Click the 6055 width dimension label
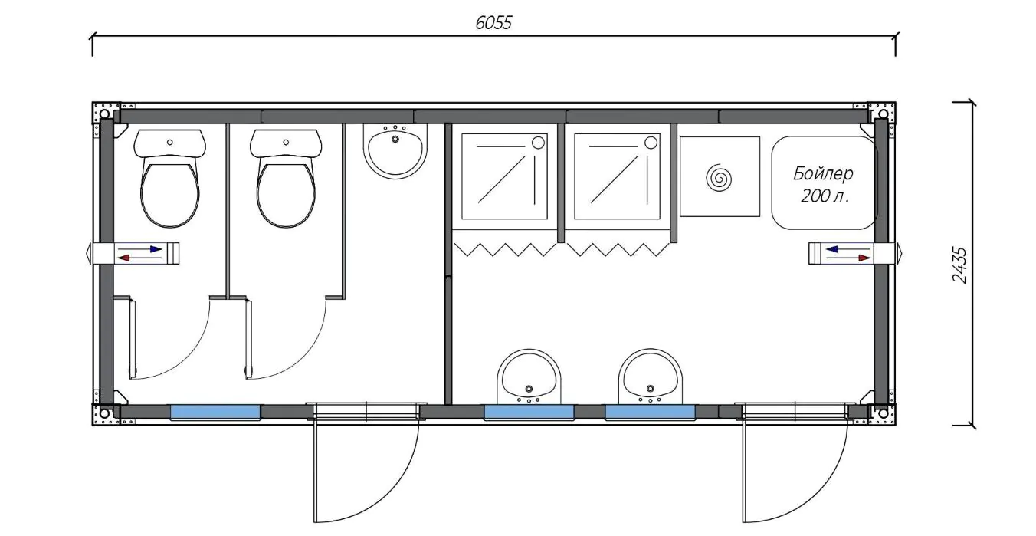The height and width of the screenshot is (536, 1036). coord(493,23)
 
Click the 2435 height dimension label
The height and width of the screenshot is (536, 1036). coord(959,265)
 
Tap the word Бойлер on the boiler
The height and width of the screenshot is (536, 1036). coord(823,174)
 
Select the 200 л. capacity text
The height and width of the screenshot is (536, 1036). coord(825,196)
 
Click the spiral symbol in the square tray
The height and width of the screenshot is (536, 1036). coord(720,177)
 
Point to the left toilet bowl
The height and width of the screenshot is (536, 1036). coord(170,179)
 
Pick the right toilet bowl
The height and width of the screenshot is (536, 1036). coord(286,179)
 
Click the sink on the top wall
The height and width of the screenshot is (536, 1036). coord(395,151)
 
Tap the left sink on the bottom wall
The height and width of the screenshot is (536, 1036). coord(529,377)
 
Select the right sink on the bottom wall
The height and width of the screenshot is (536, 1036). coord(651,377)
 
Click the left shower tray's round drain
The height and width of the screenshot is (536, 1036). coord(539,143)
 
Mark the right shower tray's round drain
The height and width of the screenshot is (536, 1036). coord(651,143)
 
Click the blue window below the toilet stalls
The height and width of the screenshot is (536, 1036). coord(215,412)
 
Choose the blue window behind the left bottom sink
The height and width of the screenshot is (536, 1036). coord(529,412)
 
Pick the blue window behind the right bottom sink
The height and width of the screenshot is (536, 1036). coord(651,412)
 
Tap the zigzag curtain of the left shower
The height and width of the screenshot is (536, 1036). coord(505,249)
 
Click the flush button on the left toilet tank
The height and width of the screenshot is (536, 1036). coord(170,142)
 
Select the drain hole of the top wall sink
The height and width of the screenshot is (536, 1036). coord(395,139)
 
